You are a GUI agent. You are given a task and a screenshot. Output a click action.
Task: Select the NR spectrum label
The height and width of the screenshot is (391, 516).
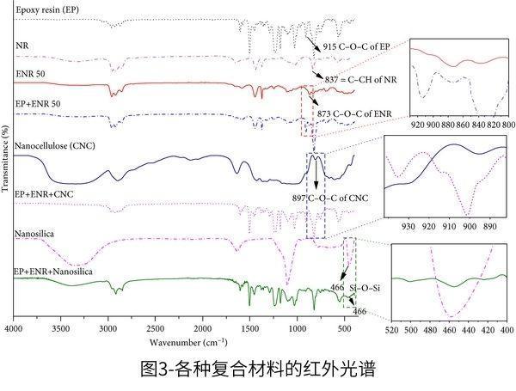click(21, 44)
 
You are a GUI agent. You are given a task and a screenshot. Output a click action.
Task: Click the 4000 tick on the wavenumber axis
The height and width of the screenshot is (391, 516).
click(13, 329)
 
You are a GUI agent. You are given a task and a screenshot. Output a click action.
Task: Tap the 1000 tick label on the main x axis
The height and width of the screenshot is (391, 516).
click(298, 329)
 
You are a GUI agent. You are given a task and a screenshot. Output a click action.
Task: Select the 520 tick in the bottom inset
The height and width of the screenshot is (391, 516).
click(392, 329)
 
